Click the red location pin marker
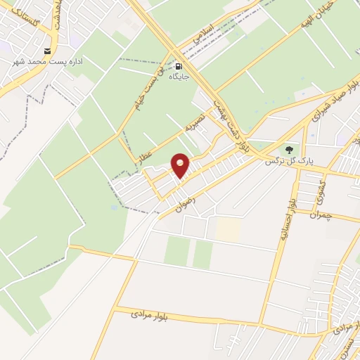[x=181, y=165]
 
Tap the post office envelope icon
[x=47, y=51]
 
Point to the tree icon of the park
[x=288, y=150]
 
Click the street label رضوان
[x=185, y=203]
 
